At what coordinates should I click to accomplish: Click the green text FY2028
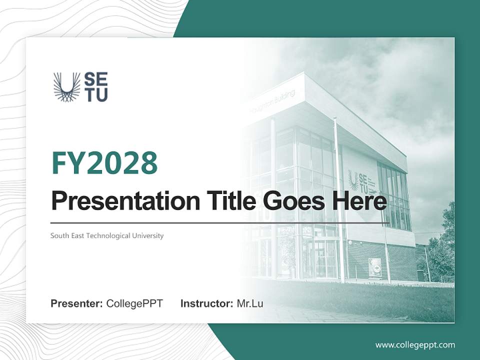click(x=104, y=163)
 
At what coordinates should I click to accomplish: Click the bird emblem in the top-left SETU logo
click(x=66, y=87)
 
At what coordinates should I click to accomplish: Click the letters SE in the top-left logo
click(x=95, y=79)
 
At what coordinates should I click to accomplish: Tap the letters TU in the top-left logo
click(x=95, y=95)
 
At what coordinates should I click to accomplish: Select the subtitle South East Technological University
click(x=107, y=235)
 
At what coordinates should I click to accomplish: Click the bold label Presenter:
click(x=77, y=303)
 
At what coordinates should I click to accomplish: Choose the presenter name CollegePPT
click(x=134, y=303)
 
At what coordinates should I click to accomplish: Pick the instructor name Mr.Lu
click(x=250, y=303)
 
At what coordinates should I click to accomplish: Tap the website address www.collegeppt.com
click(x=415, y=345)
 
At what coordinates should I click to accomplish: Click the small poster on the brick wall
click(x=375, y=267)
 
